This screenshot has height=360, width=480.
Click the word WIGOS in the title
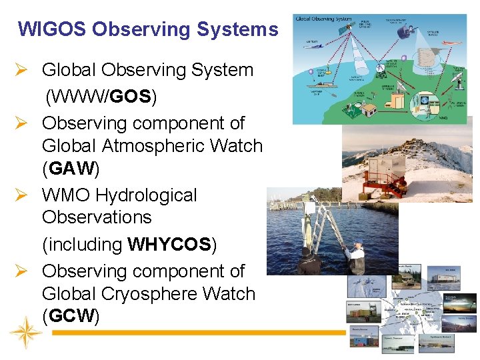coord(52,29)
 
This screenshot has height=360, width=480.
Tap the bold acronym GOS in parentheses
coord(131,97)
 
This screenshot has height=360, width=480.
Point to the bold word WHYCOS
coord(169,245)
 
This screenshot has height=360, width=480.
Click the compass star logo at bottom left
coord(26,331)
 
